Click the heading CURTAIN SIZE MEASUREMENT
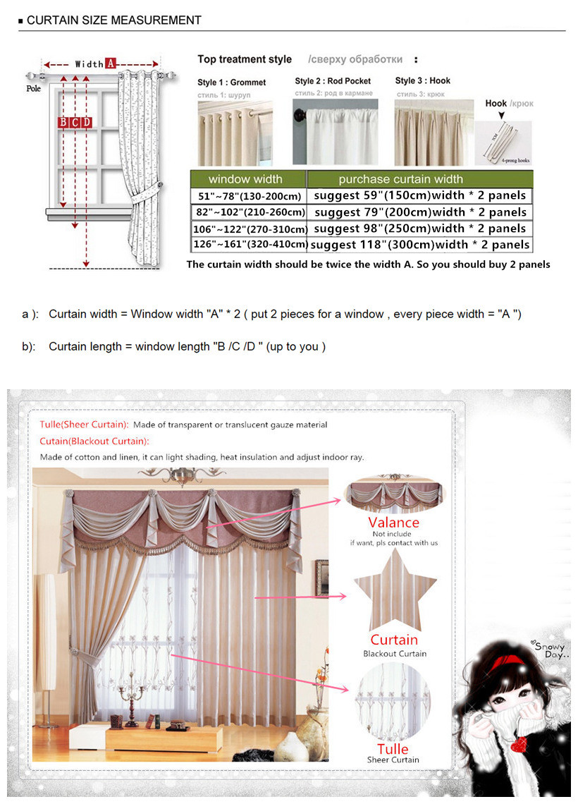coord(113,20)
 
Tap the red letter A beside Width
coord(110,63)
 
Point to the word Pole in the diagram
coord(33,89)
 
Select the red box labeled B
coord(63,123)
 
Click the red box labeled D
coord(86,123)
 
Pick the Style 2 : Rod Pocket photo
coord(336,131)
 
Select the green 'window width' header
coord(246,179)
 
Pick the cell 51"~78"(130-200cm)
coord(249,196)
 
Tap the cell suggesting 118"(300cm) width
coord(420,245)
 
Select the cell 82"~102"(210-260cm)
coord(249,212)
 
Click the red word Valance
coord(393,523)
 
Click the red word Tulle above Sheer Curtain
coord(393,748)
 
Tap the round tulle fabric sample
coord(393,699)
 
